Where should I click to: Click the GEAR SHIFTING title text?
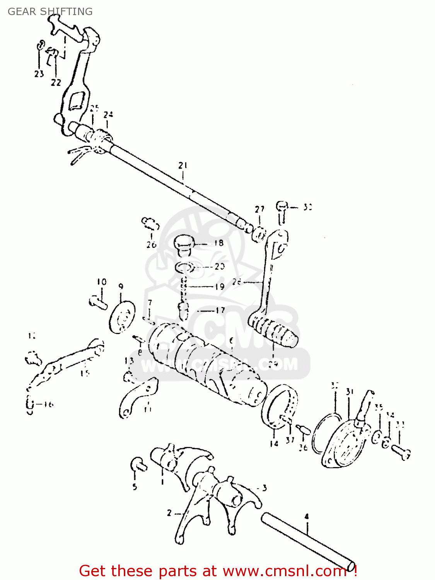(50, 12)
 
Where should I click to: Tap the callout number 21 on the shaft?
(183, 165)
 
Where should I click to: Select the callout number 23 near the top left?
(39, 73)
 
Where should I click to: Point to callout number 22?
(56, 82)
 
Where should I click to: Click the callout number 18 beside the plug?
(219, 243)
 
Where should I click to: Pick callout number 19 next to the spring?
(220, 287)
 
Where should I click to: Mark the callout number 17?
(220, 310)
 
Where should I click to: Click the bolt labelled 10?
(98, 302)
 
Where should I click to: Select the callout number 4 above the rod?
(307, 516)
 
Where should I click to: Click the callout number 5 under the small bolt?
(135, 486)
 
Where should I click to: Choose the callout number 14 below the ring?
(274, 444)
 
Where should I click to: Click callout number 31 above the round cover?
(350, 392)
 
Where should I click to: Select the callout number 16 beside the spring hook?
(48, 404)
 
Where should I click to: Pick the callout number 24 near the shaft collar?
(108, 114)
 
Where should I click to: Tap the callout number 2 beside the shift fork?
(169, 513)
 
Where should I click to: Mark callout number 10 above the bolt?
(101, 282)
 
